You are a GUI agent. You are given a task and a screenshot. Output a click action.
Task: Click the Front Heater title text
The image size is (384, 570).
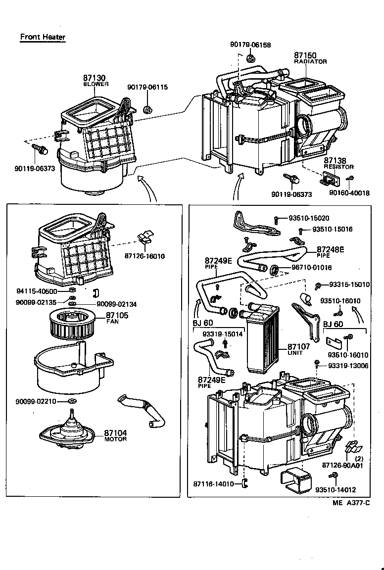click(43, 37)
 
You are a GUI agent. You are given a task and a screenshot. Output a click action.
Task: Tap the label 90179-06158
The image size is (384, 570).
click(250, 45)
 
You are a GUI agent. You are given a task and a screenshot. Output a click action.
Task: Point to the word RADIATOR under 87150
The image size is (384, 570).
click(310, 62)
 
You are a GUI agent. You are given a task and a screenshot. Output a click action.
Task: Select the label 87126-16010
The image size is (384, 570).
click(145, 256)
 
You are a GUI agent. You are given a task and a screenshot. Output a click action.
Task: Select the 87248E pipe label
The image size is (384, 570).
click(331, 249)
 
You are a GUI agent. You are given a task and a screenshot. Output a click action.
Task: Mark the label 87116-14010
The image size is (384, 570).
click(214, 484)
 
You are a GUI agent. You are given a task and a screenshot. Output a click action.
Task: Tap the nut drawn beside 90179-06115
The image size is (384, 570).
click(146, 109)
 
